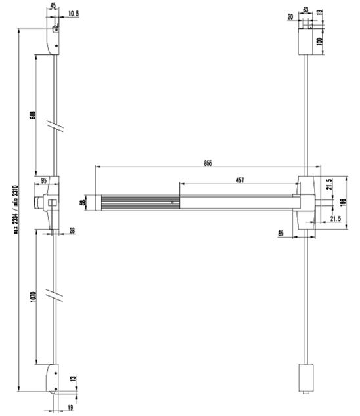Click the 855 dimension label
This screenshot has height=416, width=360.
coord(208,163)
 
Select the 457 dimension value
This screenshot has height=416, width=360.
coord(240,180)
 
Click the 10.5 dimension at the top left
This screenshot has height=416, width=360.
coord(74,13)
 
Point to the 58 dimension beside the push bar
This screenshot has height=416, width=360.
coord(83,203)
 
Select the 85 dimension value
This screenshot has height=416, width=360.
coord(281,232)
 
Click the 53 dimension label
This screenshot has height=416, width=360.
coord(305,10)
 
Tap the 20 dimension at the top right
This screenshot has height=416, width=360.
coord(292,18)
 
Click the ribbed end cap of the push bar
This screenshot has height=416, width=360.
coord(99,203)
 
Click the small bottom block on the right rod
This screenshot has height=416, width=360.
coord(305,379)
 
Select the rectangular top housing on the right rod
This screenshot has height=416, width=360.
coord(305,41)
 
